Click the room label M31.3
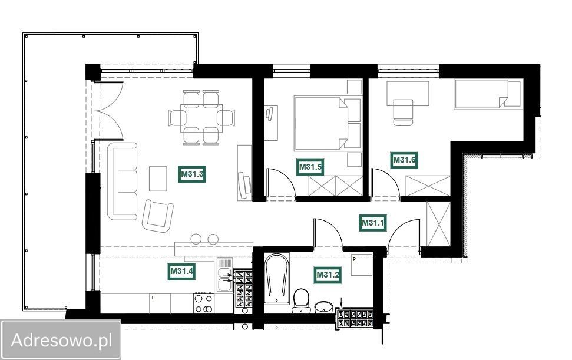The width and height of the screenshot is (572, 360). point(192,174)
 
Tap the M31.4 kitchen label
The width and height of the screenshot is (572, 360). point(181,271)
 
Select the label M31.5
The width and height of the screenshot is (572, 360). point(310,167)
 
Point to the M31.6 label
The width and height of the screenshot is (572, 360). point(404,160)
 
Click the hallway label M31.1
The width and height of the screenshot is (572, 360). point(372,223)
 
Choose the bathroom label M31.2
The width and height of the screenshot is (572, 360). point(328,275)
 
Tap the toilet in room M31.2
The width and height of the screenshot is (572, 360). point(302,300)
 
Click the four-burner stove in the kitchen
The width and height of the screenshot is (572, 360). point(204,303)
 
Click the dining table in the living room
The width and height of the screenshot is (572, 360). point(201,118)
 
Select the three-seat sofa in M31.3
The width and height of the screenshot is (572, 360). point(122,181)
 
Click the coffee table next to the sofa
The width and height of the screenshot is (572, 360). point(158,179)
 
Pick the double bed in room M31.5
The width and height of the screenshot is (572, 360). point(328,124)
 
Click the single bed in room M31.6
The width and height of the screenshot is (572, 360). point(488,94)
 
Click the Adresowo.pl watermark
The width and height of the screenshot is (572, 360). point(61,341)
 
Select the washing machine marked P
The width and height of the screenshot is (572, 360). point(362,265)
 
